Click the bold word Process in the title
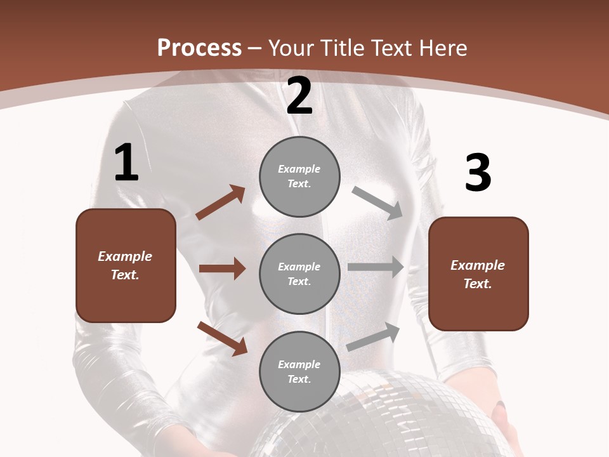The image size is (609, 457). (x=199, y=48)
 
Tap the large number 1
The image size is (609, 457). (x=126, y=163)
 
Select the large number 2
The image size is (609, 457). (x=299, y=96)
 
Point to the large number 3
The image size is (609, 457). (x=478, y=173)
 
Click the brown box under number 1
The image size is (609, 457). (x=126, y=265)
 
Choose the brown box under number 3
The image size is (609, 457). (x=478, y=274)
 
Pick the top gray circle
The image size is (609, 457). (x=299, y=176)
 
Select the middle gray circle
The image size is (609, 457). (x=299, y=274)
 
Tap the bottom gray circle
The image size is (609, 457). (x=299, y=371)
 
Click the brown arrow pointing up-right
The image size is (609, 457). (x=221, y=202)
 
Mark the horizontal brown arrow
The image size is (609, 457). (x=222, y=268)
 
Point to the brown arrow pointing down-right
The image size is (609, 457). (x=222, y=338)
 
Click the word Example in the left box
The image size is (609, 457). (x=125, y=256)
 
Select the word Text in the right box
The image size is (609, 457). (x=477, y=284)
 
